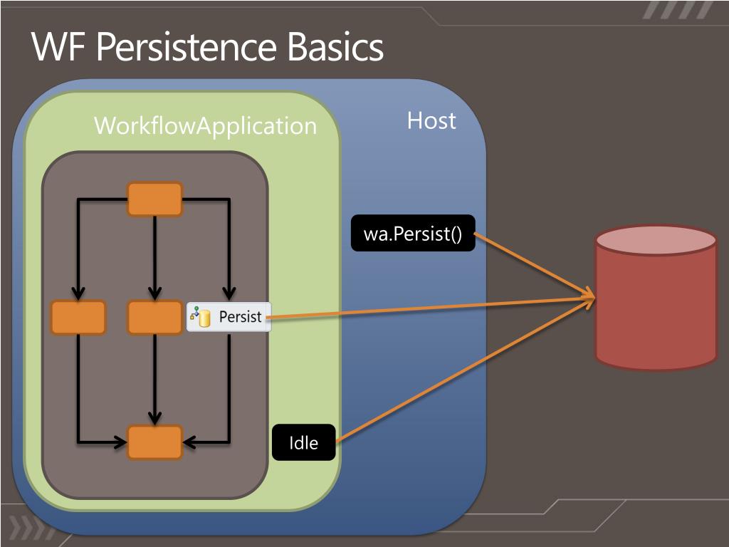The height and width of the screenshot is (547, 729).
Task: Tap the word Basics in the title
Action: click(x=336, y=47)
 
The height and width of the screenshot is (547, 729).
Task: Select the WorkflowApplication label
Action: click(x=205, y=126)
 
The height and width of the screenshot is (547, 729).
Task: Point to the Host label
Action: click(x=431, y=121)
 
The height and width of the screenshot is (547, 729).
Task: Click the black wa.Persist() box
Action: click(x=413, y=233)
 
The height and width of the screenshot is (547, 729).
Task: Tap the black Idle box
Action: click(x=303, y=442)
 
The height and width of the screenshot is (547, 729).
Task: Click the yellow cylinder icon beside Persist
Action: click(x=204, y=318)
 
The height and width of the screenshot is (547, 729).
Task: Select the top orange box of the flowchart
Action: click(x=154, y=199)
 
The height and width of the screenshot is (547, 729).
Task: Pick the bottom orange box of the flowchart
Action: click(x=154, y=442)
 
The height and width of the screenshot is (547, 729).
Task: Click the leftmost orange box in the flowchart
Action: click(x=78, y=318)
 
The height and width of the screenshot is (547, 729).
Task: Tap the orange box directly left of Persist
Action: click(x=154, y=318)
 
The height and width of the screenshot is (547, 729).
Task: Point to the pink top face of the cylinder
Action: click(x=656, y=241)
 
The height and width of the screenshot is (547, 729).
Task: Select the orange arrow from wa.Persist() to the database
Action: click(x=534, y=266)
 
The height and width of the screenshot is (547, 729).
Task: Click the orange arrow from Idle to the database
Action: click(x=465, y=370)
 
